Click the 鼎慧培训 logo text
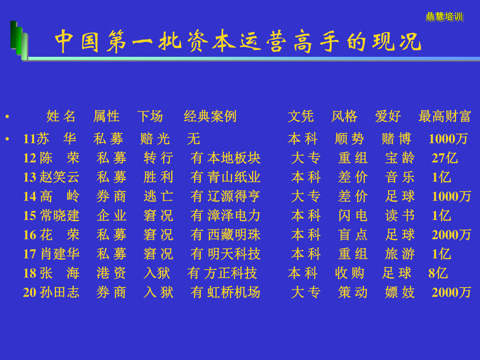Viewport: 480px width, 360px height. click(x=444, y=17)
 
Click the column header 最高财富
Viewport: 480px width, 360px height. click(x=444, y=116)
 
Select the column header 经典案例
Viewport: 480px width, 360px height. click(x=210, y=116)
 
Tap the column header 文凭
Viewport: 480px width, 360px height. click(x=301, y=116)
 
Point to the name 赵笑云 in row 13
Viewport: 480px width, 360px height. click(x=59, y=177)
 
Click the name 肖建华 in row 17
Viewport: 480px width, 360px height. click(x=60, y=254)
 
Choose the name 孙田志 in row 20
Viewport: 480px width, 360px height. click(x=60, y=292)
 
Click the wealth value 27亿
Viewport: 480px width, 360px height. click(x=444, y=158)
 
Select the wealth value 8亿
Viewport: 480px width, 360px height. click(x=438, y=273)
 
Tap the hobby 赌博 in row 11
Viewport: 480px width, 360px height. click(x=396, y=138)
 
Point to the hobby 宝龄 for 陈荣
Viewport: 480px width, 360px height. click(x=400, y=158)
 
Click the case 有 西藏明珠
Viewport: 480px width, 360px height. click(x=226, y=234)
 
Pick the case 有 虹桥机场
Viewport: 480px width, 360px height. click(x=226, y=292)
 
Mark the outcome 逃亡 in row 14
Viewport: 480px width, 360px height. click(x=158, y=196)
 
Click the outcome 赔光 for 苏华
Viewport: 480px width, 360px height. click(x=155, y=138)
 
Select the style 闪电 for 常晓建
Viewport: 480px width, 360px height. click(x=353, y=215)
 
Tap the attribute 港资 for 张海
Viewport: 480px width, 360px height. click(x=111, y=273)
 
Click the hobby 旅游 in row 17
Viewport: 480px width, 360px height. click(x=400, y=254)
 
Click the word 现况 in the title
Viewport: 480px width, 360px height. click(x=396, y=41)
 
